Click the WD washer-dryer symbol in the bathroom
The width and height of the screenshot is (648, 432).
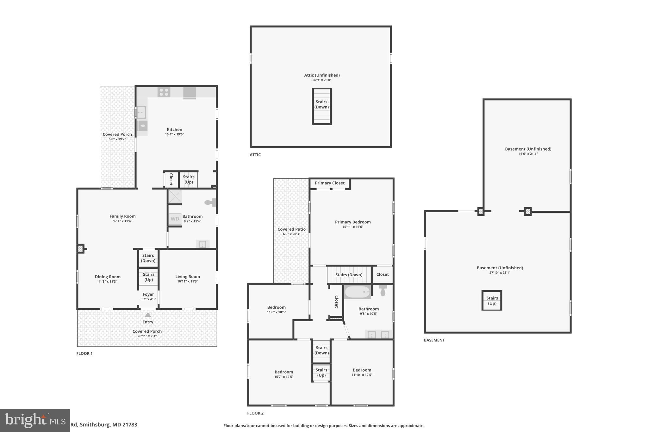click(x=175, y=219)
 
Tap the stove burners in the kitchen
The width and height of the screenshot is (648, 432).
click(x=164, y=92)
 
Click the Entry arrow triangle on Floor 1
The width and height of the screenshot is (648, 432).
click(x=148, y=315)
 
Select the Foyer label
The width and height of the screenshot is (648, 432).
click(x=148, y=294)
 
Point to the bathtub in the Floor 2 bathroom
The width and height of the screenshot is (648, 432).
click(x=357, y=292)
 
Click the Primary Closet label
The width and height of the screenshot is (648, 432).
click(x=329, y=183)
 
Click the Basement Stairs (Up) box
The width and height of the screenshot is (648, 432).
click(x=492, y=300)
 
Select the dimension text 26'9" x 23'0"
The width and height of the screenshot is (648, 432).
click(x=321, y=80)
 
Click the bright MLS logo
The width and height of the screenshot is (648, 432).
click(x=35, y=420)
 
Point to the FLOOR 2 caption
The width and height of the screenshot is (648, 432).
click(x=255, y=413)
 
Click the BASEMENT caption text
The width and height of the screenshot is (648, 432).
click(x=434, y=340)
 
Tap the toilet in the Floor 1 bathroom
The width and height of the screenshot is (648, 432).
click(x=209, y=202)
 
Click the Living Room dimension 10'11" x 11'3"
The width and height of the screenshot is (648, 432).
click(x=187, y=281)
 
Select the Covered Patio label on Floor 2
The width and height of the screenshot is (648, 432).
click(x=291, y=229)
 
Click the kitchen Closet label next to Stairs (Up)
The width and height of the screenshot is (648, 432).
click(x=171, y=179)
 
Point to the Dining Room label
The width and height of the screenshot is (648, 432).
click(x=108, y=277)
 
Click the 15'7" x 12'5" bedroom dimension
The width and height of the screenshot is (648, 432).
click(x=283, y=377)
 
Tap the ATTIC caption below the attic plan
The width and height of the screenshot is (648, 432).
click(x=255, y=155)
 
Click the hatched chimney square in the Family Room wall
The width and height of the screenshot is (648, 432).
click(x=80, y=249)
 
